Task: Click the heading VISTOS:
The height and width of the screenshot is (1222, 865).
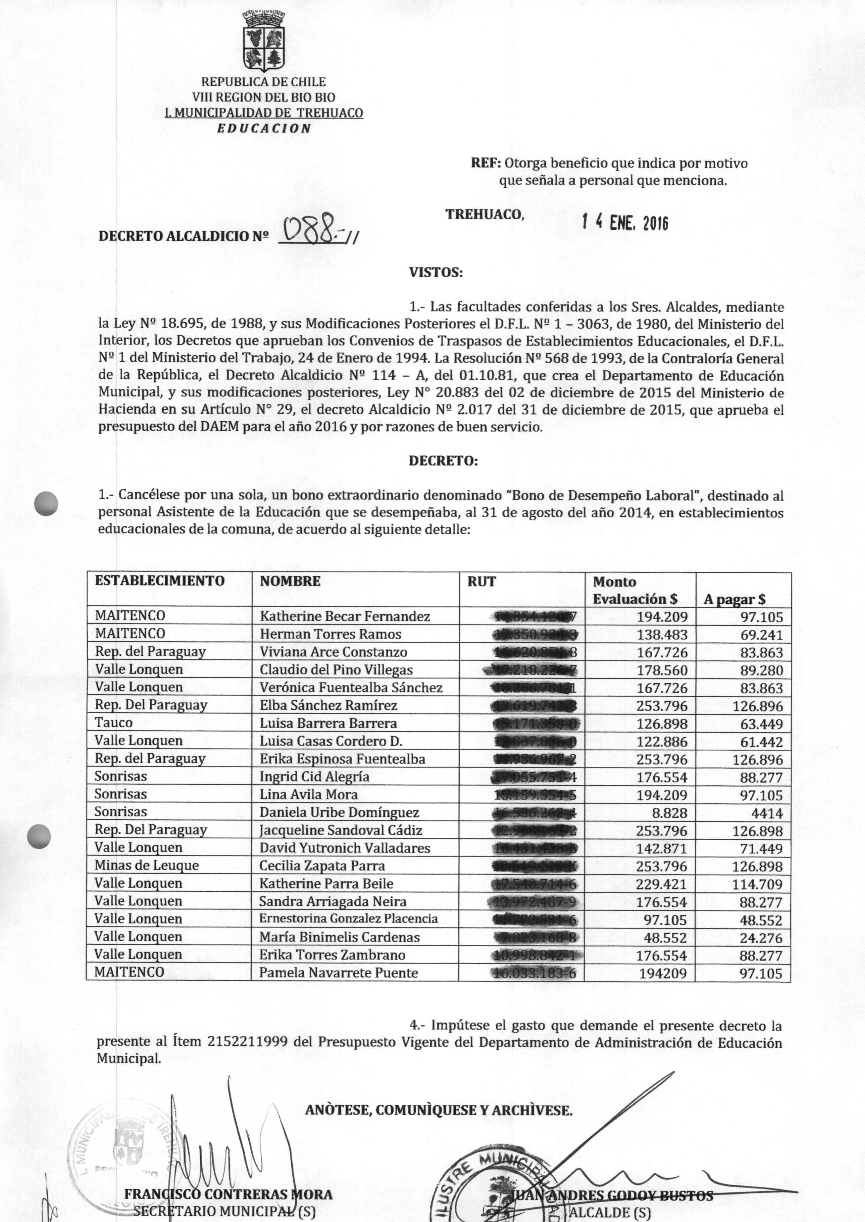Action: [x=436, y=273]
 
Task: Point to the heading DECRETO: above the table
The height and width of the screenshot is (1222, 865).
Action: [x=443, y=461]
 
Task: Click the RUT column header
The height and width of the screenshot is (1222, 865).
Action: [x=481, y=581]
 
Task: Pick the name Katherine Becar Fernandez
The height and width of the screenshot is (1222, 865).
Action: [x=345, y=617]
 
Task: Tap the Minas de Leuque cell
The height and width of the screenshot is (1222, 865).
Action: [x=146, y=865]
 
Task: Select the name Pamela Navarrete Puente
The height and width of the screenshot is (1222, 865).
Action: [x=338, y=973]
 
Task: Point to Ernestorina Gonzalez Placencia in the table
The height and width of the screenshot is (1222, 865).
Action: [x=348, y=919]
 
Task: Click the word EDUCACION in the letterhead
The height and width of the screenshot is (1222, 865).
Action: [x=264, y=128]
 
